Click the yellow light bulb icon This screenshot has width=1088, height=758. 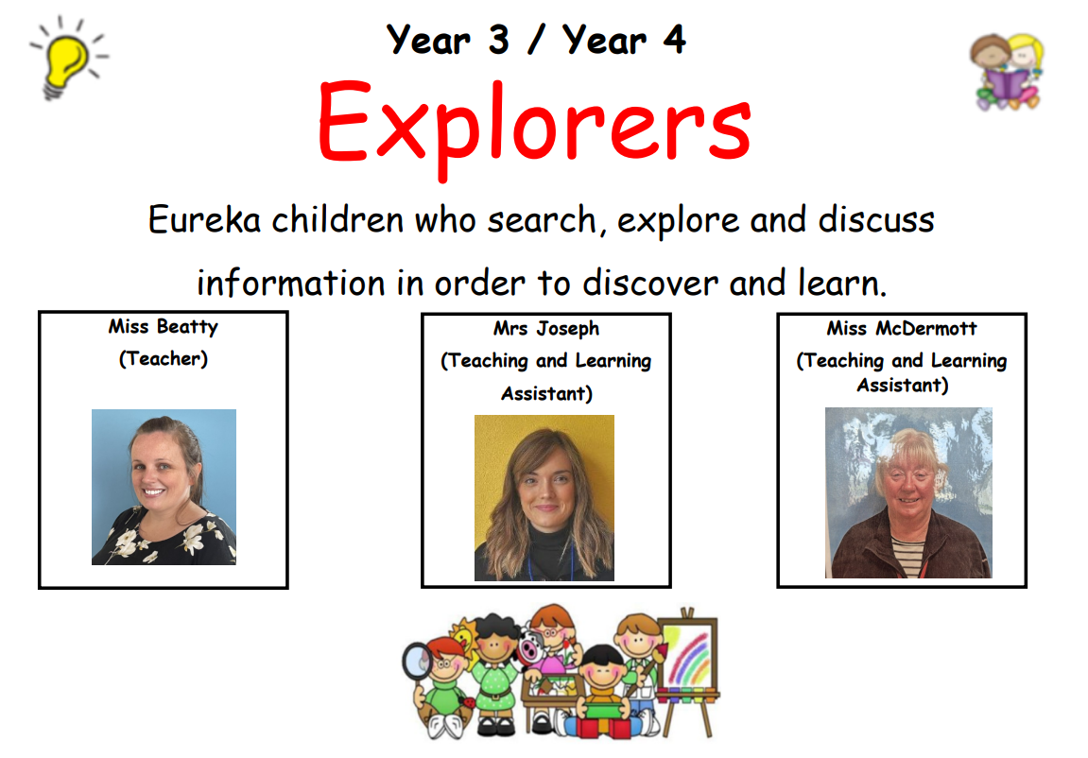tap(68, 59)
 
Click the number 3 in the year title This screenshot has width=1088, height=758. tap(498, 40)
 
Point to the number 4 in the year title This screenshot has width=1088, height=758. tap(675, 40)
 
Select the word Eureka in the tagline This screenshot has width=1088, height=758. tap(205, 220)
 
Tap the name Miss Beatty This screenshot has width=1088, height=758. tap(164, 327)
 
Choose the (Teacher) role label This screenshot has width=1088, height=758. tap(164, 358)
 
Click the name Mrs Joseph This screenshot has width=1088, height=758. tap(546, 329)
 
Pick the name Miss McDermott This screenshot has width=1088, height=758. tap(902, 328)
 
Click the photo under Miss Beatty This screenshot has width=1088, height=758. tap(164, 487)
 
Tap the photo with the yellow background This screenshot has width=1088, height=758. tap(544, 498)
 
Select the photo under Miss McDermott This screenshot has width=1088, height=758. tap(908, 493)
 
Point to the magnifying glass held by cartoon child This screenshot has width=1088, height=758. tap(418, 662)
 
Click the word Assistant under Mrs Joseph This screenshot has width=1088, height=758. tap(546, 394)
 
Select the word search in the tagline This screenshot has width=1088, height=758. tap(542, 220)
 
